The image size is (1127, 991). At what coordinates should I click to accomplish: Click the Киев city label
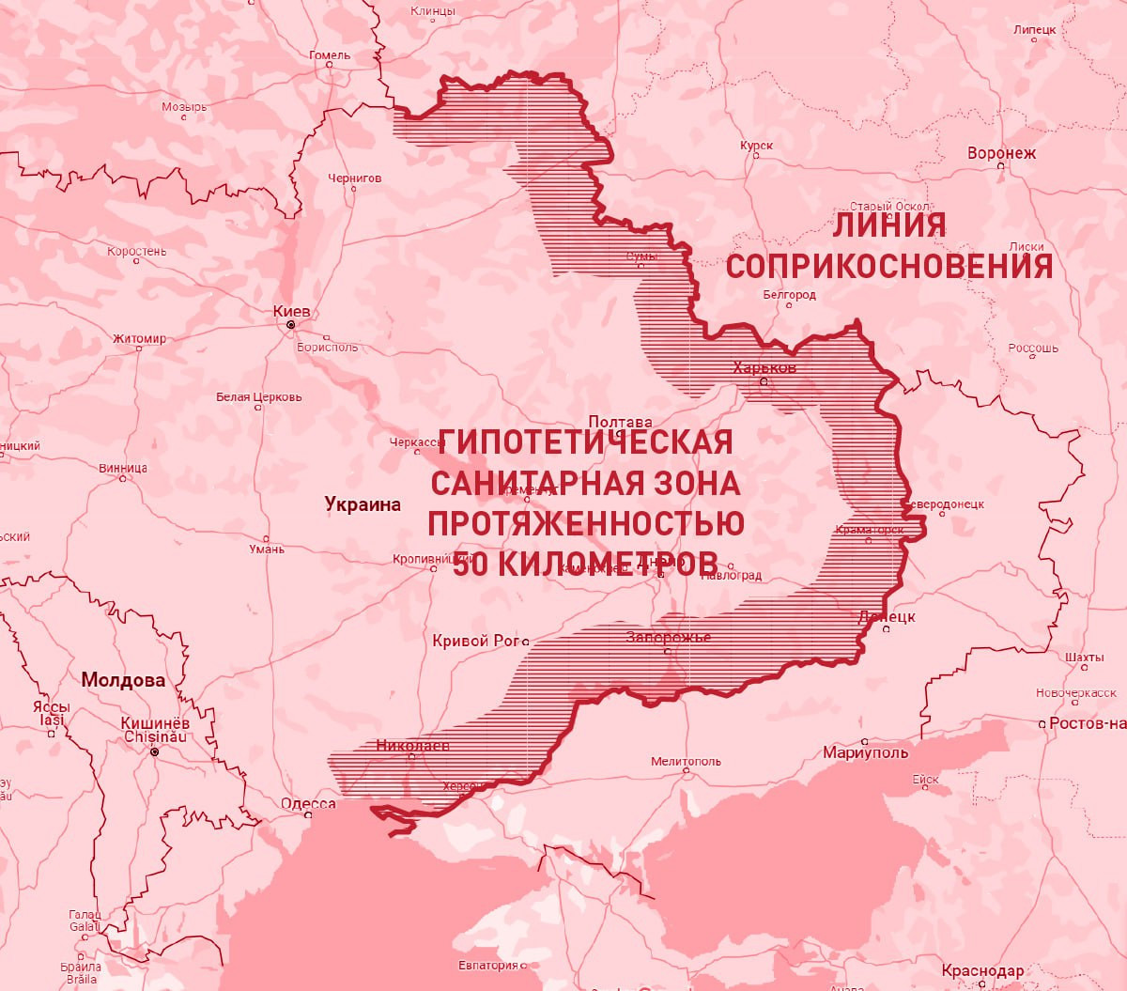(x=291, y=311)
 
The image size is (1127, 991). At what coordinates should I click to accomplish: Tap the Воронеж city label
(x=1001, y=152)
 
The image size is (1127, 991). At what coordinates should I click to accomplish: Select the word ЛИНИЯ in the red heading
(x=889, y=225)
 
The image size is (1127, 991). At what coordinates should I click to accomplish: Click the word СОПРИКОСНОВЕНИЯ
(x=888, y=267)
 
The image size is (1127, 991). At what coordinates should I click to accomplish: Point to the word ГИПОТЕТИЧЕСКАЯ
(x=585, y=442)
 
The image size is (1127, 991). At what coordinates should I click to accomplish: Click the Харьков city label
(x=764, y=367)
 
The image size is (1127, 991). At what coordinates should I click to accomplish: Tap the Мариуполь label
(x=865, y=752)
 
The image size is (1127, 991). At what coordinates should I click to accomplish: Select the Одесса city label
(x=308, y=803)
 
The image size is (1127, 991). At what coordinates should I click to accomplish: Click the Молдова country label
(x=123, y=680)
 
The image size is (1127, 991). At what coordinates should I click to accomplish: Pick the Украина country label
(x=363, y=504)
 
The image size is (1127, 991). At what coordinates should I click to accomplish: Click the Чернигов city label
(x=355, y=178)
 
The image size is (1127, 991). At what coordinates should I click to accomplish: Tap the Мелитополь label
(x=686, y=761)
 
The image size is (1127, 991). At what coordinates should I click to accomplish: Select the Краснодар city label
(x=982, y=970)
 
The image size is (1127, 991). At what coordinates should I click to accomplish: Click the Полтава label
(x=620, y=422)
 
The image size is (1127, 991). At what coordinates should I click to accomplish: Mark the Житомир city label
(x=139, y=338)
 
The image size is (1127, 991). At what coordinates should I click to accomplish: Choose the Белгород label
(x=789, y=294)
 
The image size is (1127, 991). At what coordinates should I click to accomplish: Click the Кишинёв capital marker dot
(x=155, y=752)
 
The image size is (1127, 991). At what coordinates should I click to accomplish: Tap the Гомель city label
(x=330, y=55)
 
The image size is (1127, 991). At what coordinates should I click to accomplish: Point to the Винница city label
(x=123, y=468)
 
